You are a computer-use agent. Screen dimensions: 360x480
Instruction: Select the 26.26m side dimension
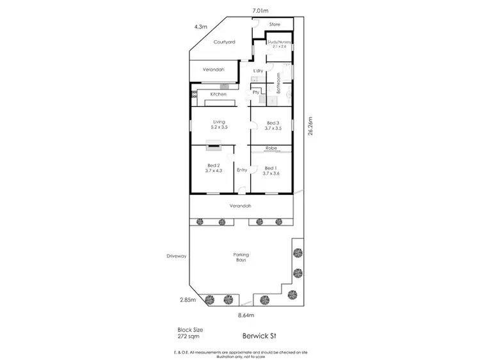coord(310,126)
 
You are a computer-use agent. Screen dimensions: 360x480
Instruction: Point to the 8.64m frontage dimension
coord(246,315)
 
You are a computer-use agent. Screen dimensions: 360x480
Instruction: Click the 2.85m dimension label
coord(186,299)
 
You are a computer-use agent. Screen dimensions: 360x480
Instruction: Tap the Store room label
coord(275,24)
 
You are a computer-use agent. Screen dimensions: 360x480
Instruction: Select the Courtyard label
coord(225,42)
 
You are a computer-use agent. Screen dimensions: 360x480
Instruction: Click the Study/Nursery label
coord(279,42)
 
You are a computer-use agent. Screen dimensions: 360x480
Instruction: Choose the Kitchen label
coord(219,95)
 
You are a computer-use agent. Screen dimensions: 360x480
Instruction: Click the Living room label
coord(219,122)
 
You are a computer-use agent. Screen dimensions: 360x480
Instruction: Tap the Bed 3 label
coord(273,122)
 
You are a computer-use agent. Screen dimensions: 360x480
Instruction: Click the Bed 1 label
coord(273,168)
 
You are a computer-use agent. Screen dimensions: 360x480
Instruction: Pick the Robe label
coord(271,148)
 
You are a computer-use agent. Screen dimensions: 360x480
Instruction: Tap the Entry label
coord(242,170)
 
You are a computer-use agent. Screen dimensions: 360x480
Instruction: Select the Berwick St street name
coord(259,333)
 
